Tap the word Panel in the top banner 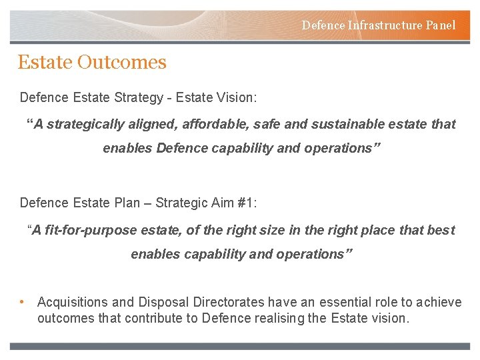[441, 25]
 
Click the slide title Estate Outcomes [92, 62]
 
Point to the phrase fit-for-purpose [85, 230]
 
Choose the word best [441, 230]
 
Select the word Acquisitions [73, 303]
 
